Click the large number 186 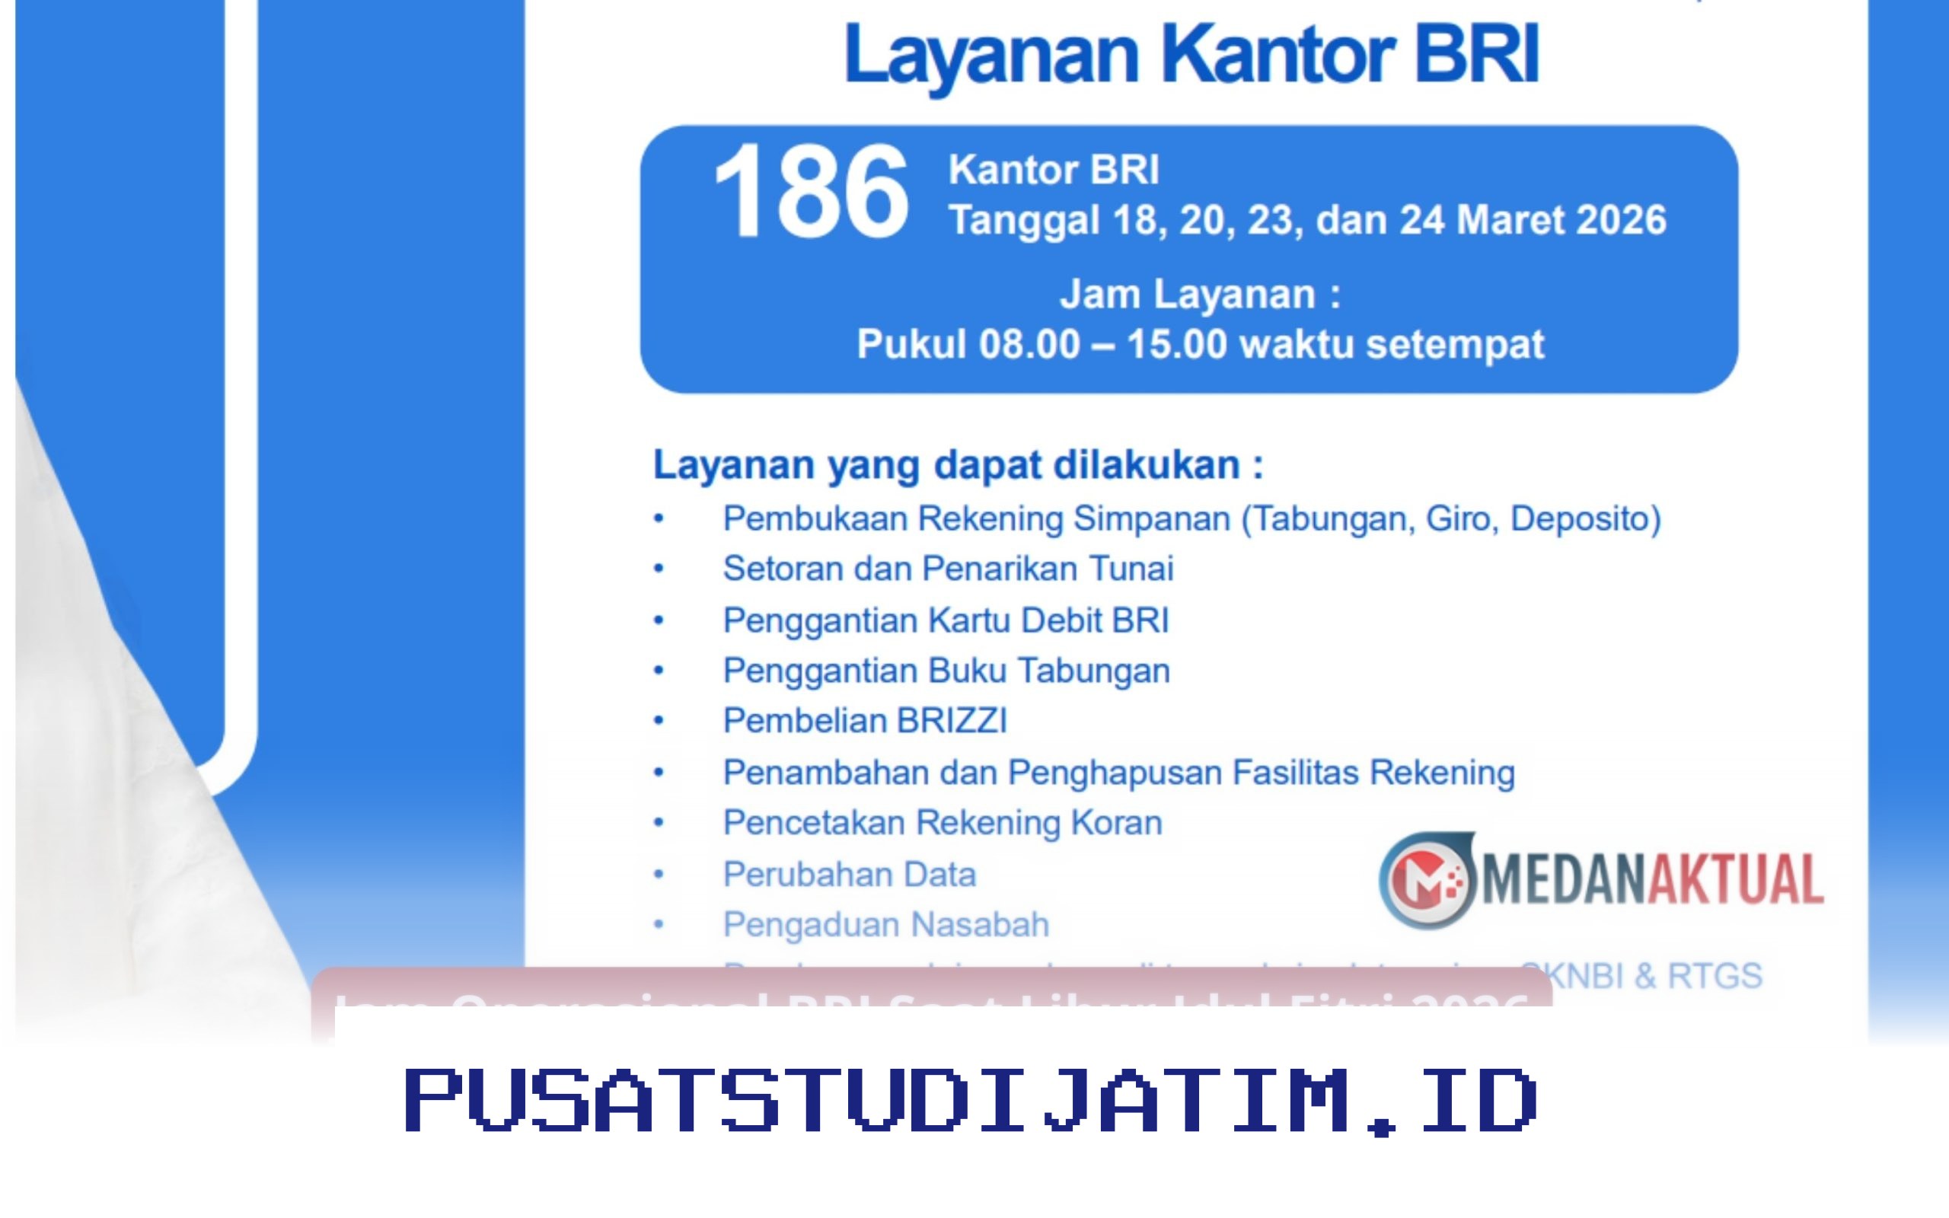click(x=810, y=192)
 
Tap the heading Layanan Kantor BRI click(x=1192, y=55)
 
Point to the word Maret click(x=1511, y=220)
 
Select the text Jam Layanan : click(x=1200, y=294)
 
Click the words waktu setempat click(x=1392, y=345)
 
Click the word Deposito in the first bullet click(x=1585, y=518)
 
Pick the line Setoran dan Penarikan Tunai click(x=948, y=569)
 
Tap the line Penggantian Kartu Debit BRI click(x=946, y=621)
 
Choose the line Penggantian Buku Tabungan click(x=946, y=671)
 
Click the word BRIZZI click(x=952, y=721)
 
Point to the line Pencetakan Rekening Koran click(x=943, y=823)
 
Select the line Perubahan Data click(x=849, y=875)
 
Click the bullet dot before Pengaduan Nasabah click(x=659, y=925)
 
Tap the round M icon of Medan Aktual click(x=1427, y=880)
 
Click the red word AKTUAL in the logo click(x=1737, y=880)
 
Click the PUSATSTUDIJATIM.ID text click(x=971, y=1101)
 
